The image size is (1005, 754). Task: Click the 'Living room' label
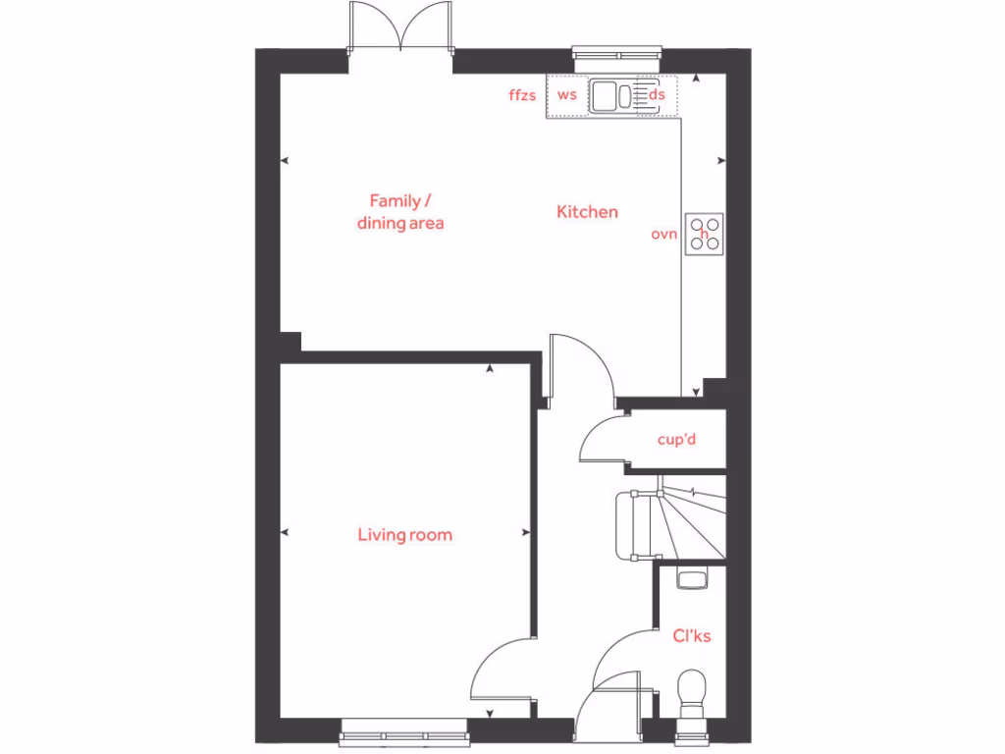point(404,535)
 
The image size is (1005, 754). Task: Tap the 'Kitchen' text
point(587,211)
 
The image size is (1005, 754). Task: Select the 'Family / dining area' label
point(399,212)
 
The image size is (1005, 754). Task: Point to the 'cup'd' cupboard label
point(676,440)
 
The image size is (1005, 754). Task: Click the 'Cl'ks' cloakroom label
point(692,636)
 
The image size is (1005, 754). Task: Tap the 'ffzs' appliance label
point(522,95)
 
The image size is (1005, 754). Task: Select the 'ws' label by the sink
point(566,95)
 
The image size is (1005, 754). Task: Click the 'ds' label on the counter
point(658,95)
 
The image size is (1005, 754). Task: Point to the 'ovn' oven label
point(664,235)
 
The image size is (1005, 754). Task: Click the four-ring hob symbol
point(705,234)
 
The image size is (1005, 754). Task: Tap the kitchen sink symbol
point(613,95)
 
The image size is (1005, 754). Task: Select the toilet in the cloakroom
point(692,690)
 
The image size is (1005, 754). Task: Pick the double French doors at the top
point(399,29)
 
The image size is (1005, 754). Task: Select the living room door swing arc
point(500,668)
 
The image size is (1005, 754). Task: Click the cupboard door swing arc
point(599,437)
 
